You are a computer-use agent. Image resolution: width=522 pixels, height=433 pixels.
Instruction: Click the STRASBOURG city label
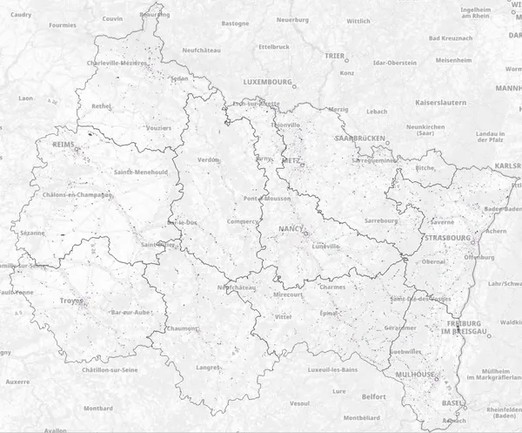pos(448,237)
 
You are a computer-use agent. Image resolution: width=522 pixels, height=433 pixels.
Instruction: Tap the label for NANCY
pos(291,228)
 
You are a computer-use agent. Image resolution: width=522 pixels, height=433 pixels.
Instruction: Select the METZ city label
pos(291,161)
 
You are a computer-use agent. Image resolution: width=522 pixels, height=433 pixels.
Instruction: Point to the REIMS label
pos(64,144)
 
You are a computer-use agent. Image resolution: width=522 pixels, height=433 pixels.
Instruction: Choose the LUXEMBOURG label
pos(267,81)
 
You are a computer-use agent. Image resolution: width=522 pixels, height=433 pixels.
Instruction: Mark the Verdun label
pos(209,159)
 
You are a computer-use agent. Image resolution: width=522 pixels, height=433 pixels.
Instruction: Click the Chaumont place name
pos(182,328)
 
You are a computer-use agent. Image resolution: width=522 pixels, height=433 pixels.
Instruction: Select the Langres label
pos(208,367)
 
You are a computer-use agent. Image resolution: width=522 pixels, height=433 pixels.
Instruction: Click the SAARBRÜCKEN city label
pos(360,139)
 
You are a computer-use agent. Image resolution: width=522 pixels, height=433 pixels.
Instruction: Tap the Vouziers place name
pos(159,128)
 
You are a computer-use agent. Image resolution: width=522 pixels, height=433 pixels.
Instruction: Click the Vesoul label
pos(299,403)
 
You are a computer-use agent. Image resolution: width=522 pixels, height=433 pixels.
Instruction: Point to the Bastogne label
pos(236,24)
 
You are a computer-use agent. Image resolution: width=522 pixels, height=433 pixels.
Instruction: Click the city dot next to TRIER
pos(347,61)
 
